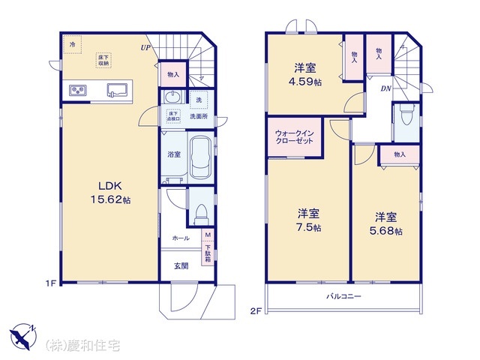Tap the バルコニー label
point(343,296)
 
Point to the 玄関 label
point(182,265)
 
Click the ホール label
point(181,238)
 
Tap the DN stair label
point(385,89)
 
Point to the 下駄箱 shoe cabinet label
point(208,253)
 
